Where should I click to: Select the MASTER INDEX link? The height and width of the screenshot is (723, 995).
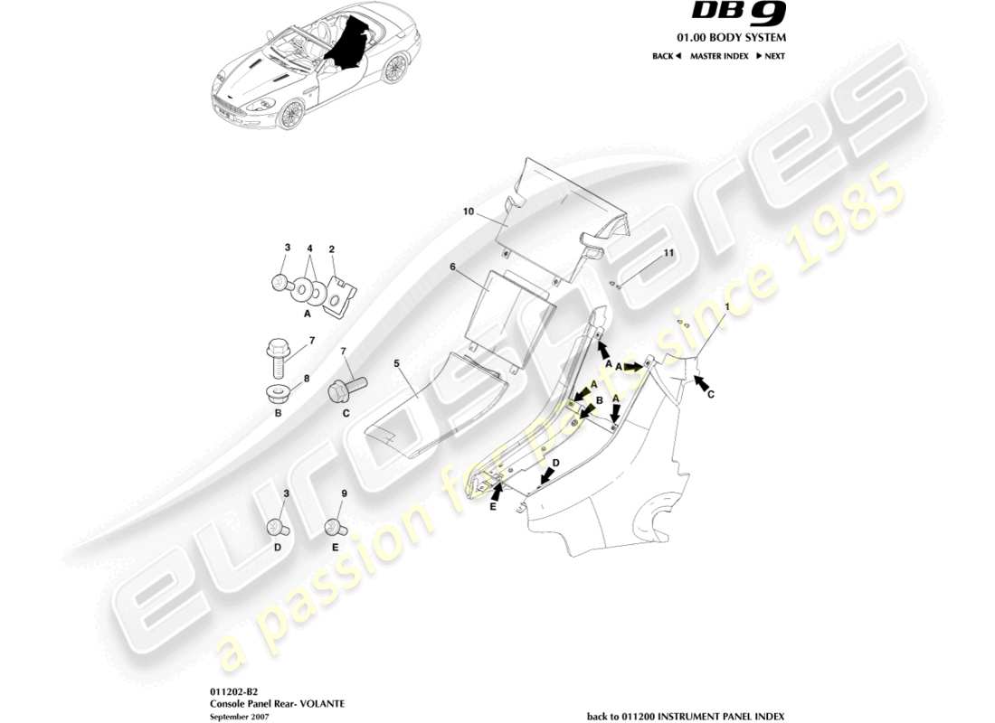[x=719, y=56]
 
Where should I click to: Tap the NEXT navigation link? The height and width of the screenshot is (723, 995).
[x=771, y=56]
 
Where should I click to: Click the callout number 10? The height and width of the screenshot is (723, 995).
[x=469, y=211]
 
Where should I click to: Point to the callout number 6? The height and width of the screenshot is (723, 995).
[x=452, y=268]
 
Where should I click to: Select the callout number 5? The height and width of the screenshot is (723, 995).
[x=396, y=363]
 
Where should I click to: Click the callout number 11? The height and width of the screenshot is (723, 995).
[x=668, y=254]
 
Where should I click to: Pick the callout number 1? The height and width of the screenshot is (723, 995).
[x=725, y=307]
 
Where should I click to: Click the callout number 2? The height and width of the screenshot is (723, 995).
[x=332, y=249]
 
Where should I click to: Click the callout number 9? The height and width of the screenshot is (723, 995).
[x=344, y=493]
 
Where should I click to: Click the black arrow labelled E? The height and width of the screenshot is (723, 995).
[x=496, y=492]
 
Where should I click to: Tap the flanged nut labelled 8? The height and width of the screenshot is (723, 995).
[x=277, y=394]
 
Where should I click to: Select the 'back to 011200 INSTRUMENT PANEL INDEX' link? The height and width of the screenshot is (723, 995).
[x=686, y=716]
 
